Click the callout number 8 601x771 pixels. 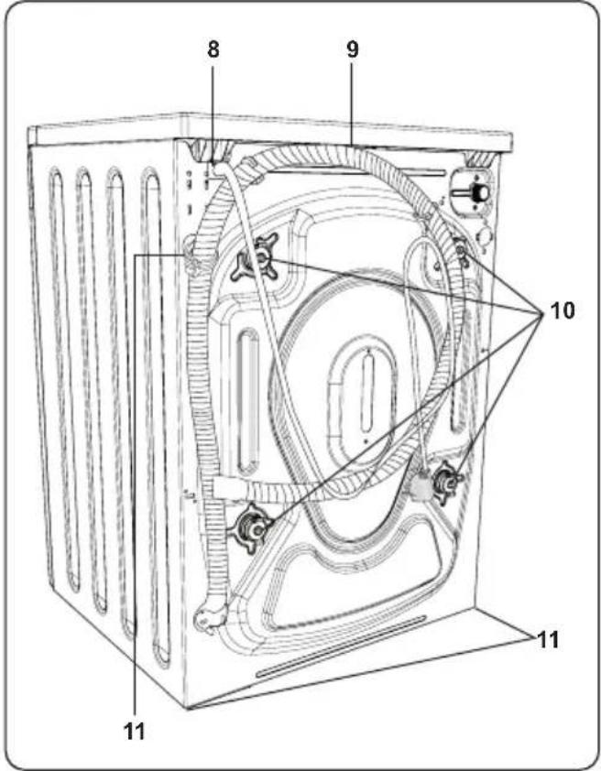tap(213, 49)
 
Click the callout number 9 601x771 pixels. tap(352, 49)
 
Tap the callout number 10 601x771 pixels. tap(563, 310)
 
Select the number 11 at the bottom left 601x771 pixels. tap(135, 732)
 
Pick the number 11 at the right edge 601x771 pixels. tap(548, 640)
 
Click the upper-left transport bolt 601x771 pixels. tap(256, 257)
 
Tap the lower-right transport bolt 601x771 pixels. tap(446, 481)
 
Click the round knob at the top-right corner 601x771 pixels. tap(475, 190)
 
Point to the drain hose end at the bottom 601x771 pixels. tap(209, 617)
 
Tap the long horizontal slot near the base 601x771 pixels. tap(341, 646)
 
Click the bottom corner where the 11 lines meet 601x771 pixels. tap(188, 707)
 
